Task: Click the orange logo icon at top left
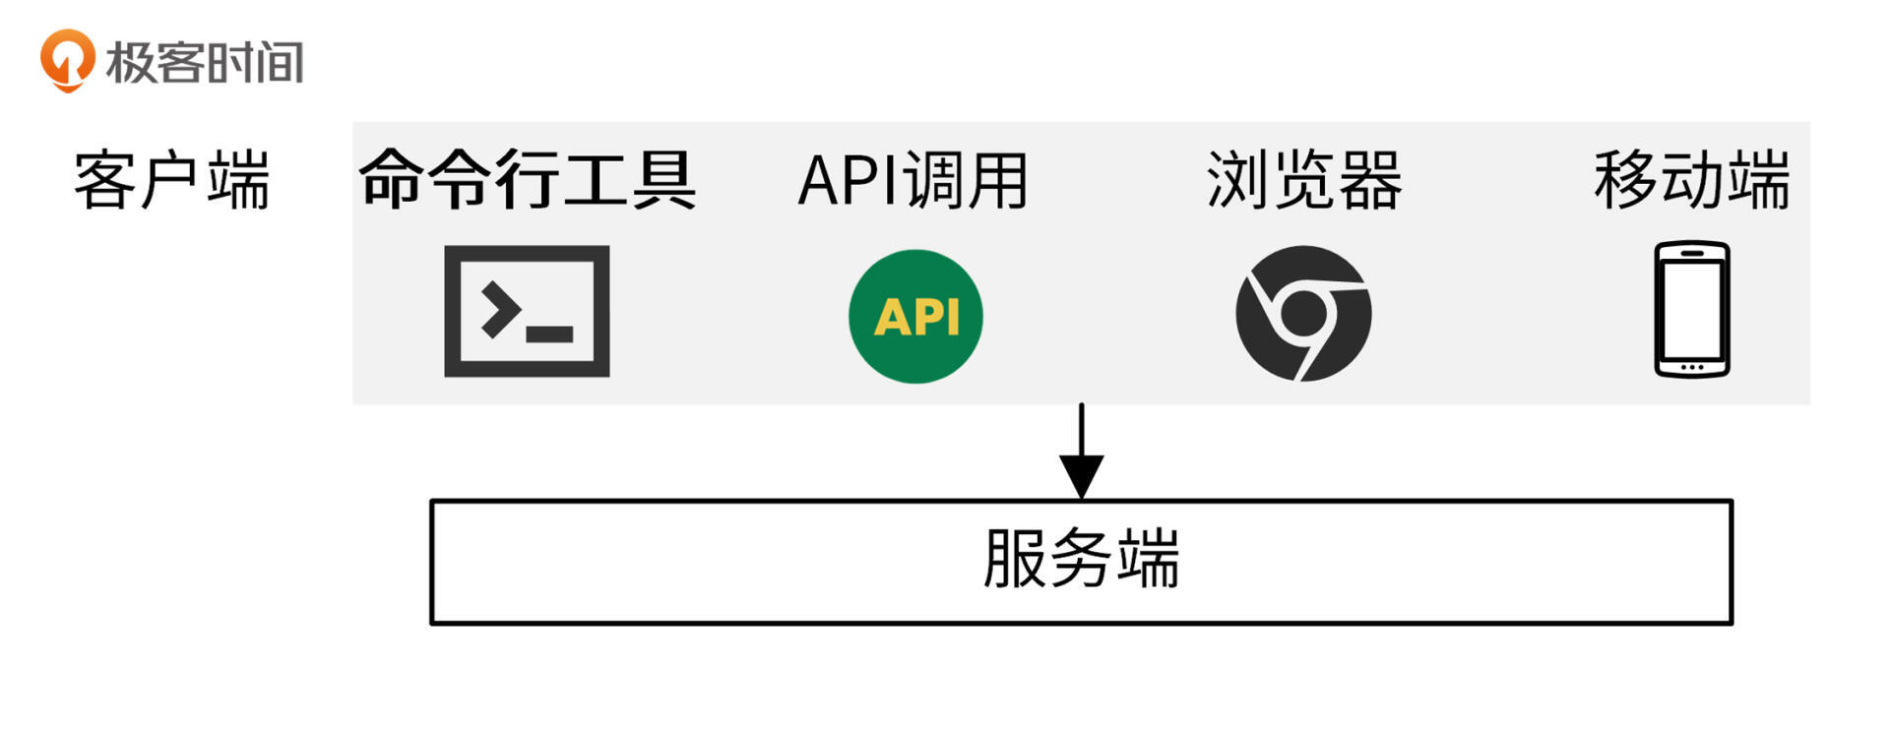pyautogui.click(x=66, y=60)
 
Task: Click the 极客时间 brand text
pyautogui.click(x=204, y=62)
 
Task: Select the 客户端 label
pyautogui.click(x=172, y=180)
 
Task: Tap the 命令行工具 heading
pyautogui.click(x=528, y=180)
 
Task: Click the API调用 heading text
pyautogui.click(x=913, y=181)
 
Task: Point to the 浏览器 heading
pyautogui.click(x=1304, y=180)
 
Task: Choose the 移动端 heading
pyautogui.click(x=1691, y=180)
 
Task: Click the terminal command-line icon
pyautogui.click(x=527, y=311)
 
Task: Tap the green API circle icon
pyautogui.click(x=915, y=316)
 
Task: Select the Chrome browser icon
pyautogui.click(x=1303, y=314)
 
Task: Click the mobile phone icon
pyautogui.click(x=1691, y=309)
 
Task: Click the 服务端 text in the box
pyautogui.click(x=1081, y=560)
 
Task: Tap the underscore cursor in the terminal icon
pyautogui.click(x=549, y=335)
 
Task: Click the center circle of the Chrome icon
pyautogui.click(x=1304, y=312)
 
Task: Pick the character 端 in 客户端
pyautogui.click(x=238, y=180)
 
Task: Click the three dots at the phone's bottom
pyautogui.click(x=1691, y=367)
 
